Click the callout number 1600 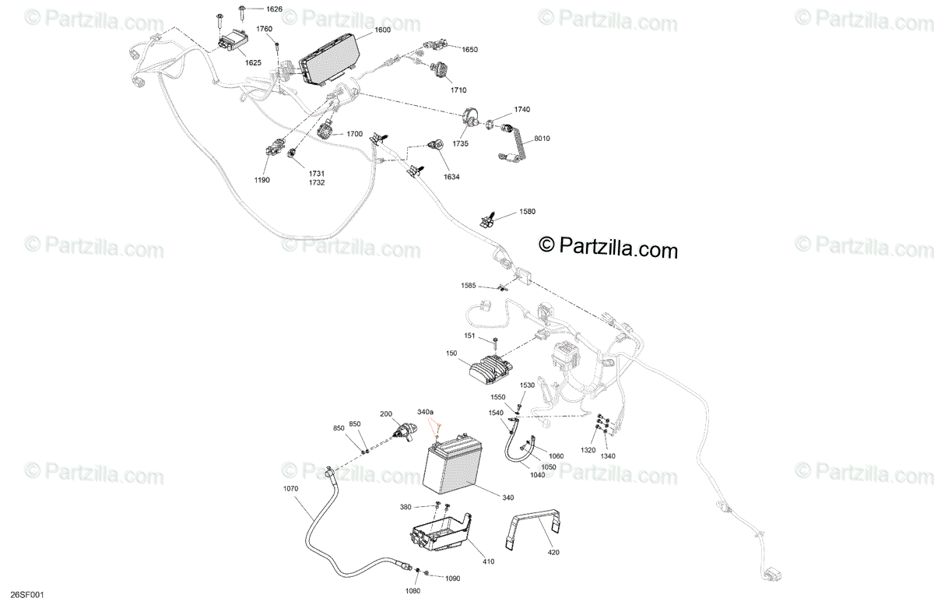coord(382,30)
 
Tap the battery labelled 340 coord(451,468)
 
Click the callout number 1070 coord(290,489)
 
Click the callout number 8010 coord(542,139)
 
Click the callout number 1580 coord(527,212)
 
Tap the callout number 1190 coord(262,180)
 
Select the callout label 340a coord(426,411)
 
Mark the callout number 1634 coord(451,177)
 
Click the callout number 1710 coord(458,90)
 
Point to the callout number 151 coord(470,336)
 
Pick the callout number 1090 coord(452,578)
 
